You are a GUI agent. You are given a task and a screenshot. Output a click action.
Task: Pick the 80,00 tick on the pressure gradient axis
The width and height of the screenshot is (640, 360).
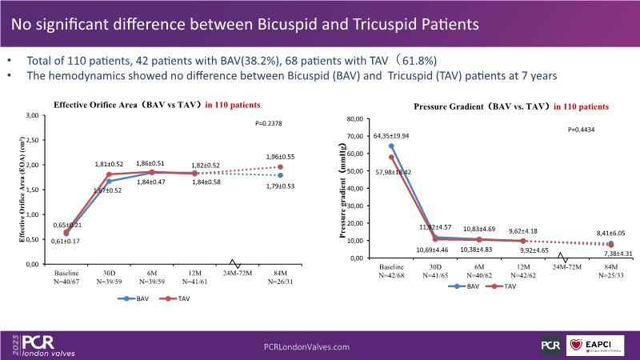354,119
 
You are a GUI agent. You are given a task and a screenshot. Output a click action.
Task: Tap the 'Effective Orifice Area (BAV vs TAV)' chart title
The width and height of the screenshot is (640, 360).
128,104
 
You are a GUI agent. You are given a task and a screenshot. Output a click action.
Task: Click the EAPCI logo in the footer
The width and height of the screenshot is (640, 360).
599,346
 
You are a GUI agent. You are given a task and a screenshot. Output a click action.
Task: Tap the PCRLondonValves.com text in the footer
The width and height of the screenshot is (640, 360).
306,346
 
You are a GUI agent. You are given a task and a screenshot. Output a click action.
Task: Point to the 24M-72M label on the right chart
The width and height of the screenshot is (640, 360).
566,266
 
